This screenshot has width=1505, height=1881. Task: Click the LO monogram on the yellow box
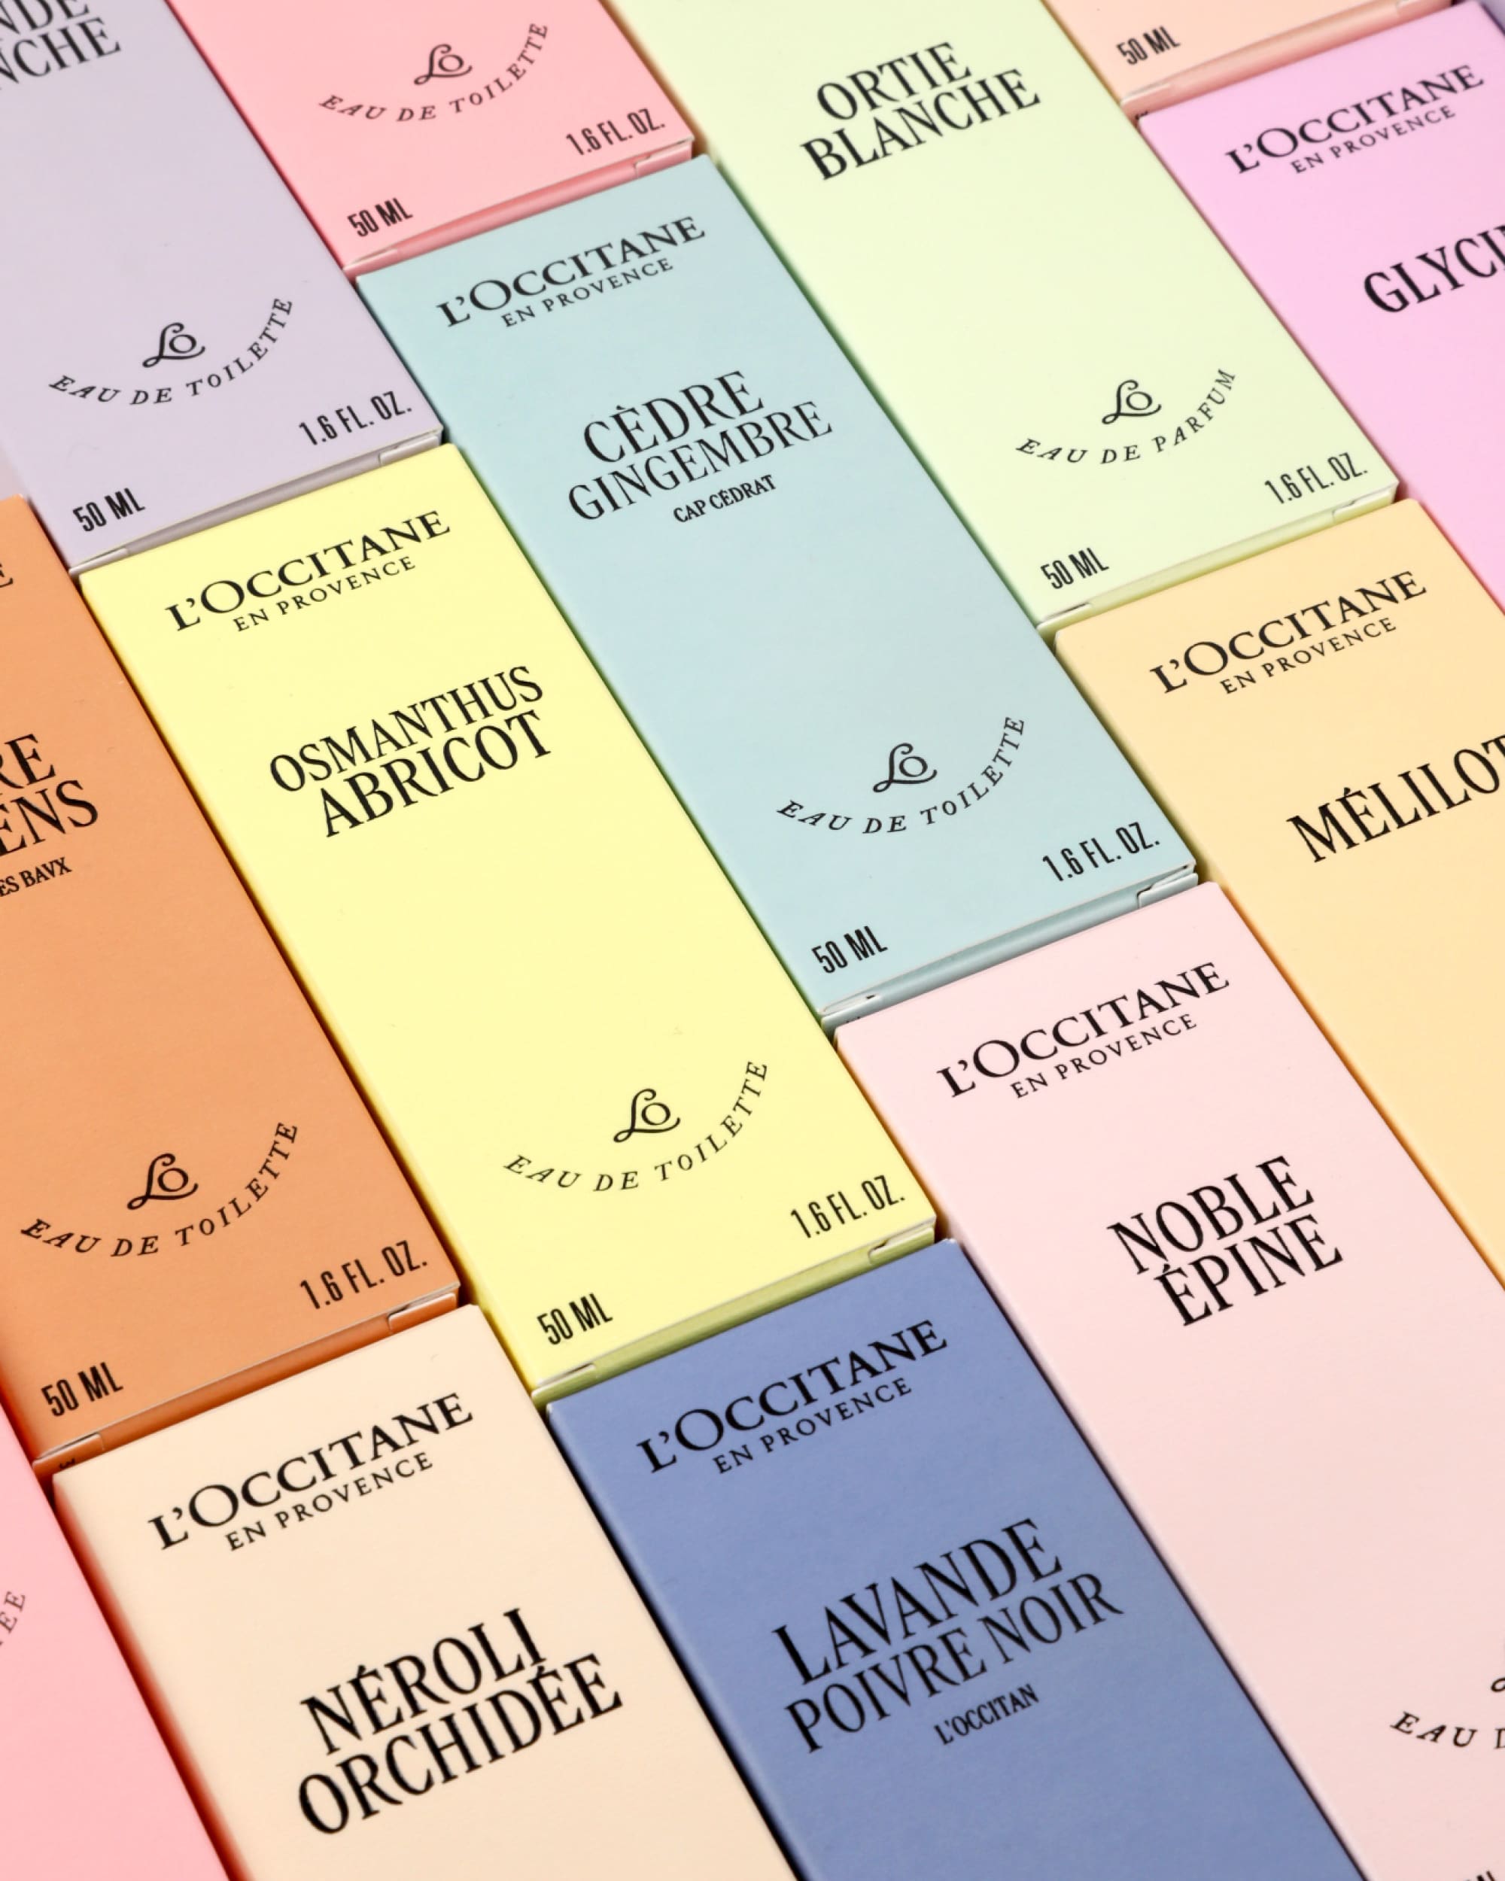point(646,1114)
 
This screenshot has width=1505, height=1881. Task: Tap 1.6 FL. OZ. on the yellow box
point(848,1206)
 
